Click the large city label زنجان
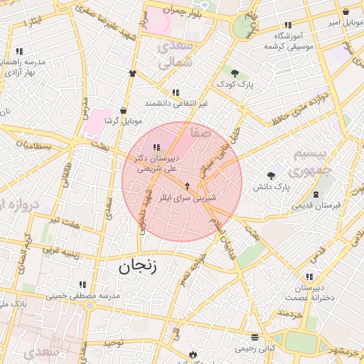tap(136, 267)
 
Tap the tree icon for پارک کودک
tap(235, 73)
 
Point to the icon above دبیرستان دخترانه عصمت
tap(309, 276)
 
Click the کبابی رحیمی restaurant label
tap(255, 348)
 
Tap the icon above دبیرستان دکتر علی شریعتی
tap(156, 147)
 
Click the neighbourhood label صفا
tap(200, 132)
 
